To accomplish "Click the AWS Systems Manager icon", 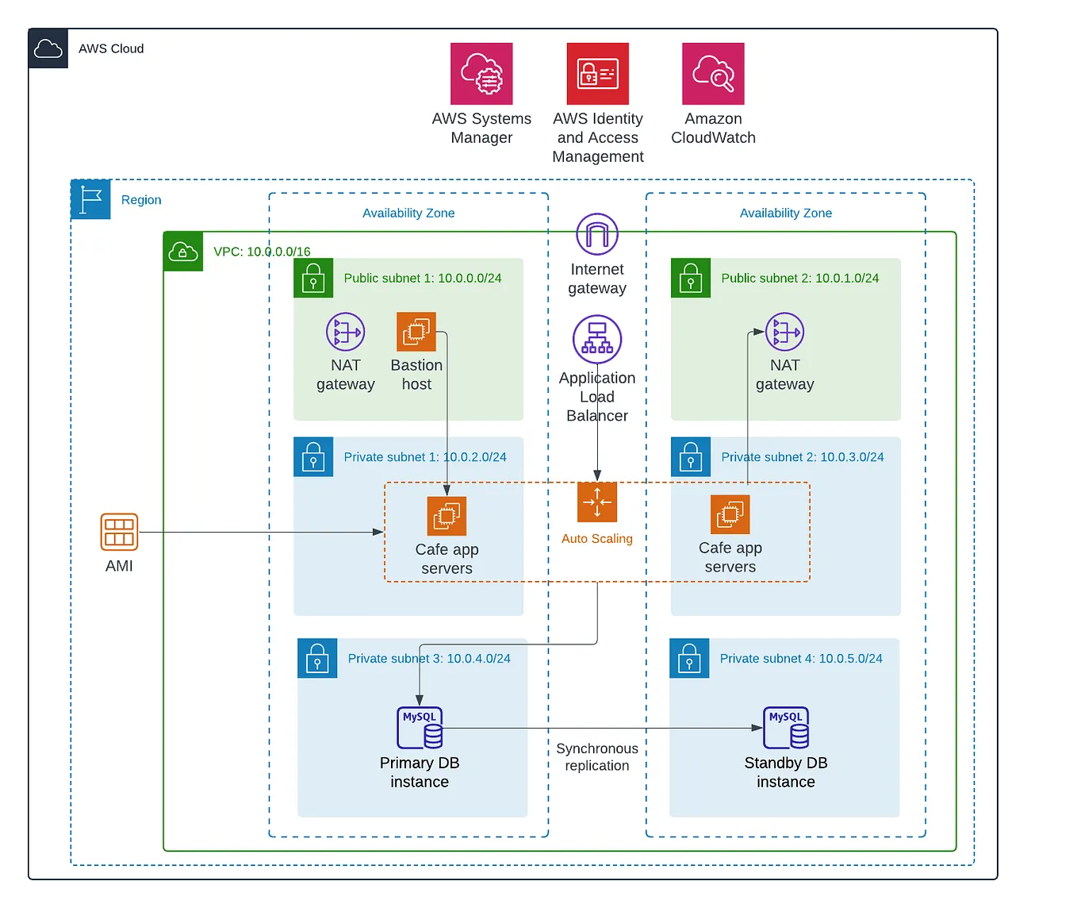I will point(481,74).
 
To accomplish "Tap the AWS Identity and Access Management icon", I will point(598,74).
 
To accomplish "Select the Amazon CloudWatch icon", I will point(713,74).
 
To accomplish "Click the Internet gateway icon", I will point(597,234).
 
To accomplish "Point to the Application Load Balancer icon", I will point(597,339).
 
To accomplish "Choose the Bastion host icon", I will point(416,332).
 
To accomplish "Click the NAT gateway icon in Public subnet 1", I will point(346,332).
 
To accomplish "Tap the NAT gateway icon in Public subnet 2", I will point(784,332).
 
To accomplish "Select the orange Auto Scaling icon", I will point(597,502).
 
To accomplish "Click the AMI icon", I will point(119,532).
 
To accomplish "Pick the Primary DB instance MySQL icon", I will point(420,728).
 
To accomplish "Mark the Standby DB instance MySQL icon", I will point(786,728).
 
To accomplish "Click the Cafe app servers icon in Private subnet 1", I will point(447,517).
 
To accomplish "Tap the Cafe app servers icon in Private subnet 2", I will point(730,515).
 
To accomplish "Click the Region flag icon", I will point(90,199).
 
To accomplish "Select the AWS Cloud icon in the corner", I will point(48,48).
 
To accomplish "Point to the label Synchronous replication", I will point(597,757).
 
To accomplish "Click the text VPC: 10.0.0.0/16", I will point(262,252).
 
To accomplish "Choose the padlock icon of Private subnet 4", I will point(689,658).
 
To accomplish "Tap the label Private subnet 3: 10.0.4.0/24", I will point(429,659).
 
